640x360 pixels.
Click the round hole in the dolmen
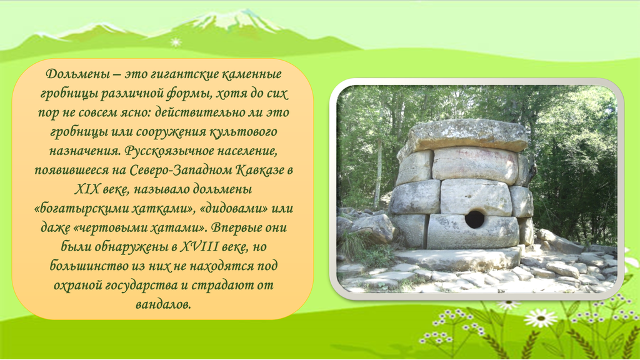[474, 219]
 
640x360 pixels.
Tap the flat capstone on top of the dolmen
[467, 136]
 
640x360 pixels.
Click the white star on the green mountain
[176, 42]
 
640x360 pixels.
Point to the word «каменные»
[251, 74]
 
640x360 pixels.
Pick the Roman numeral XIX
[86, 189]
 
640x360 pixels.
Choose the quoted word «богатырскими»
[83, 209]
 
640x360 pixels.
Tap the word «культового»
[243, 132]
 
